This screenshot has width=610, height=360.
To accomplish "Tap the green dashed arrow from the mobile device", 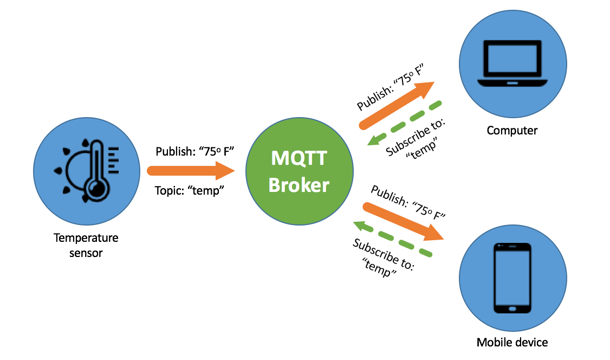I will pos(393,239).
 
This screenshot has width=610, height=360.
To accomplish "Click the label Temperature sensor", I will pos(86,245).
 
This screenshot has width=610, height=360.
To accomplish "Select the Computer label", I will pos(512,131).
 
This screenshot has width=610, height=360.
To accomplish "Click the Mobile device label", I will pos(512,342).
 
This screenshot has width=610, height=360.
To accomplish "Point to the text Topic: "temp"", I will pos(190,191).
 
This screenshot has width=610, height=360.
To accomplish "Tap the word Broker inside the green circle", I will pos(299,185).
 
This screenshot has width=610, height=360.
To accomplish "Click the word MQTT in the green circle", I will pos(299,159).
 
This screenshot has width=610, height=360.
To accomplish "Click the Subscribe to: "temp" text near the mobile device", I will pos(382,257).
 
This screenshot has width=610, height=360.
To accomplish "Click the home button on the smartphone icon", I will pos(512,309).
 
